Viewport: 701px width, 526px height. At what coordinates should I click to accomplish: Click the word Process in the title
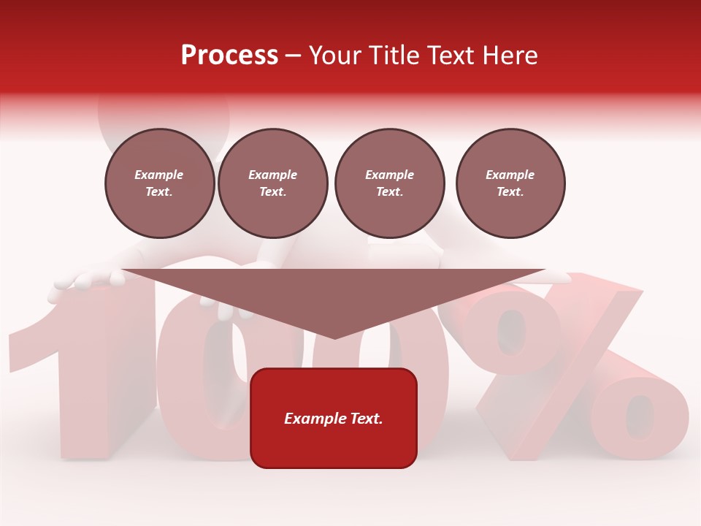[x=229, y=56]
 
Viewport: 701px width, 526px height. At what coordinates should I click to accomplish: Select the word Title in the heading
[x=394, y=56]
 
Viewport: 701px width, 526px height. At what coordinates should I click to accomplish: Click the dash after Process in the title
[x=294, y=56]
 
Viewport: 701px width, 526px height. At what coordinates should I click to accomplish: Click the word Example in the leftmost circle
[x=159, y=175]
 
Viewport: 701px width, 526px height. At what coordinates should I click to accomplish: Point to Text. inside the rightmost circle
[x=510, y=191]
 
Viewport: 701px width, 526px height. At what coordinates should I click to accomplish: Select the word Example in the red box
[x=310, y=419]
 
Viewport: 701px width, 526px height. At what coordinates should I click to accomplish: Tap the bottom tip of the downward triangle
[x=334, y=337]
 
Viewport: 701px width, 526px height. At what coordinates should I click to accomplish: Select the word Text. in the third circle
[x=389, y=191]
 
